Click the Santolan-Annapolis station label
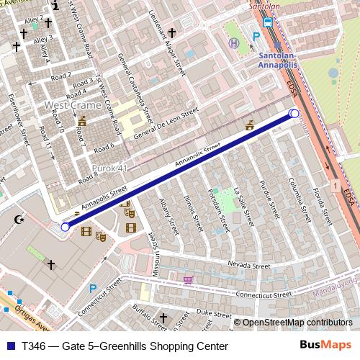click(279, 58)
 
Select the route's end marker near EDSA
click(294, 113)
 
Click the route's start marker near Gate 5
click(65, 227)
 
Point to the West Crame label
click(73, 105)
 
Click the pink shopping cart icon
click(188, 280)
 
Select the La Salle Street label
click(240, 201)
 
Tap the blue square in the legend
click(9, 346)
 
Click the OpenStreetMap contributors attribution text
click(297, 323)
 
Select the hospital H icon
click(233, 43)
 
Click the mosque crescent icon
click(19, 218)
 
